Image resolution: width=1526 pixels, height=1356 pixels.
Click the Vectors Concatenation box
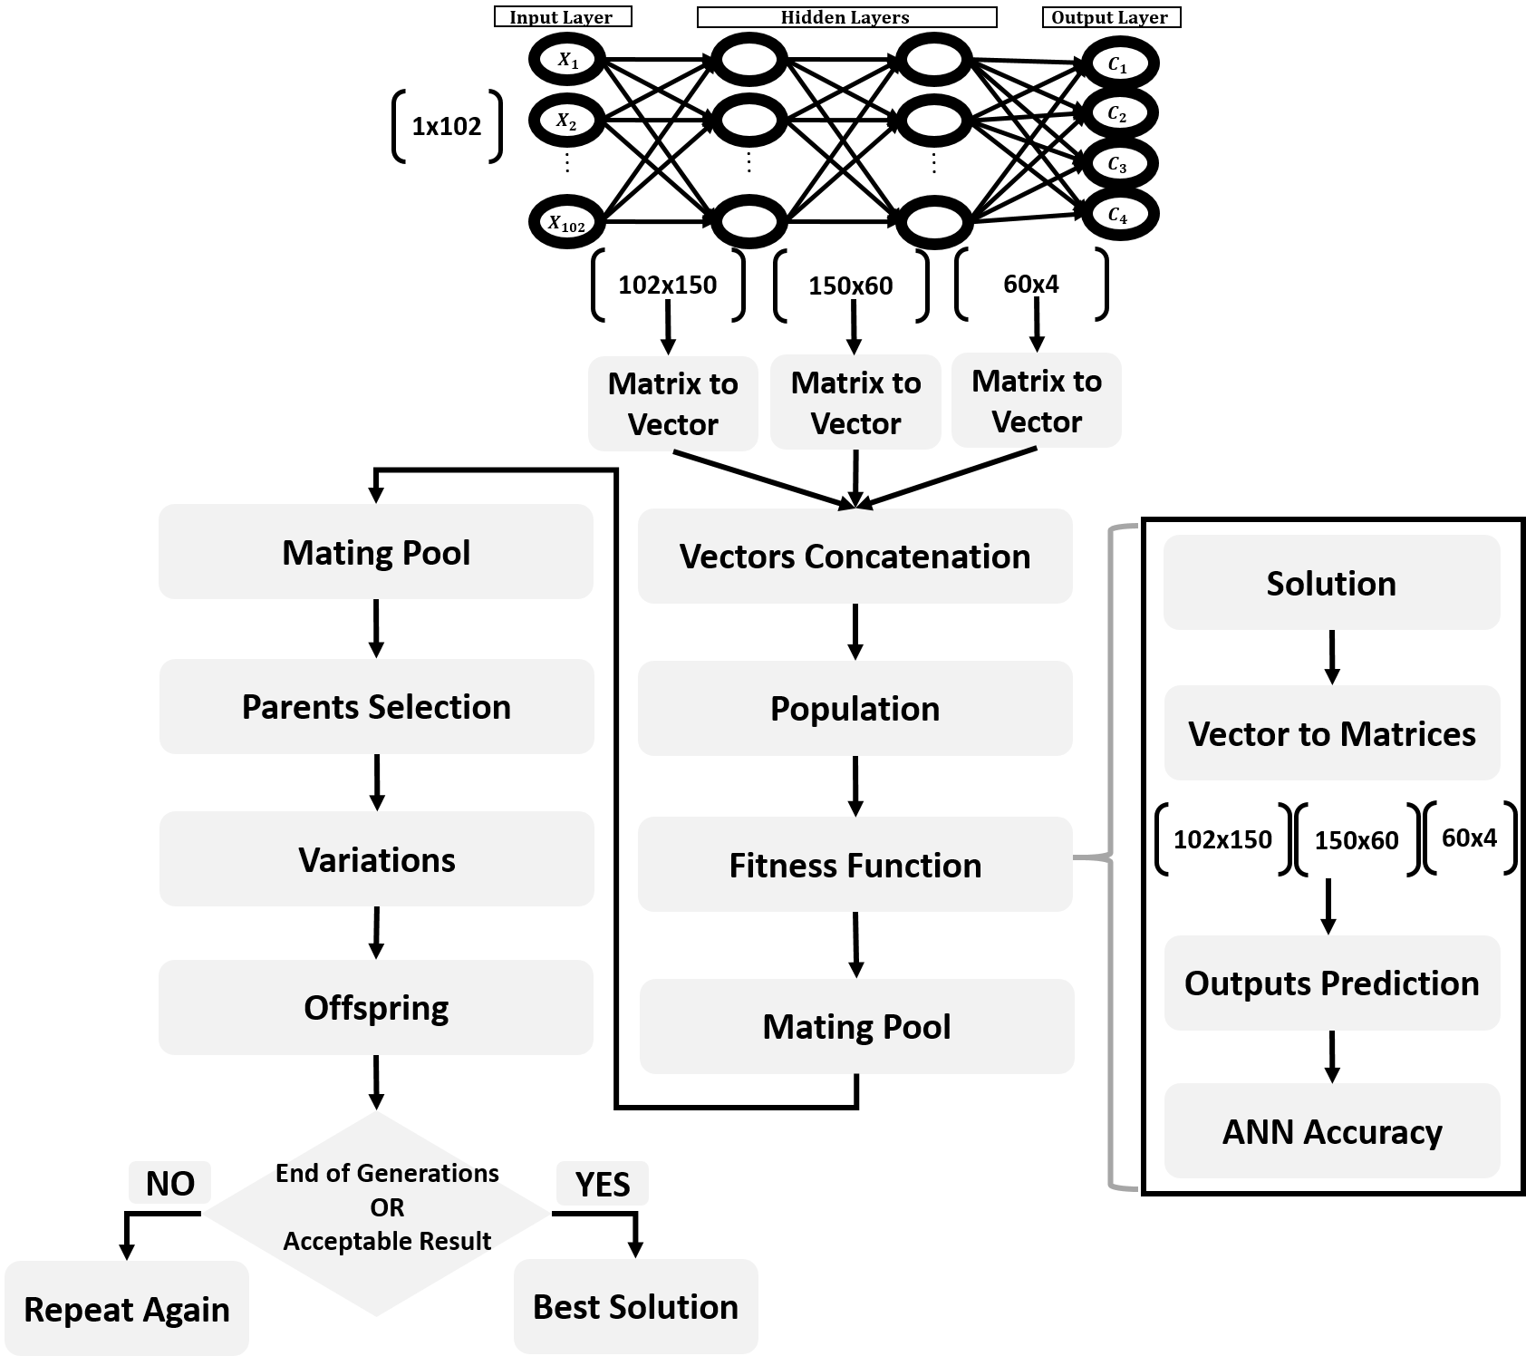click(855, 556)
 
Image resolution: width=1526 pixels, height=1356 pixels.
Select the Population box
click(855, 708)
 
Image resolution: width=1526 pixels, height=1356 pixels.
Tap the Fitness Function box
click(855, 865)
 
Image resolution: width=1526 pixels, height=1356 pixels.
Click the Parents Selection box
click(376, 706)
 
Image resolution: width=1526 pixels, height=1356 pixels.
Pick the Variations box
click(376, 858)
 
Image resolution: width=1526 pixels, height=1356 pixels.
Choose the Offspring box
click(376, 1007)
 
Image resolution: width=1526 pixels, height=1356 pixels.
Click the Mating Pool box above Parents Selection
click(376, 551)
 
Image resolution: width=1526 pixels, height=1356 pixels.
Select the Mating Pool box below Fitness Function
click(856, 1026)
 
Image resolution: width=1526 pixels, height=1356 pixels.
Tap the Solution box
click(1331, 582)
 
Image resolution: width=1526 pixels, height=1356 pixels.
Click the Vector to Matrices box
click(1331, 732)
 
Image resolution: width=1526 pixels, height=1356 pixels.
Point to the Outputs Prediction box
click(1331, 983)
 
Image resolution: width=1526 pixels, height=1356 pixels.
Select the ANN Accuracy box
click(1331, 1130)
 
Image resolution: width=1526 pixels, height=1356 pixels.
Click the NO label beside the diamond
click(169, 1183)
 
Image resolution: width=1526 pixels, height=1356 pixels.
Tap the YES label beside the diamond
click(602, 1184)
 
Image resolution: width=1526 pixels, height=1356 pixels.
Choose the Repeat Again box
click(126, 1308)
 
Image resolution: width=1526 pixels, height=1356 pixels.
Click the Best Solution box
click(635, 1306)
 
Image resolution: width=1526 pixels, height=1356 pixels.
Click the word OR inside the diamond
click(386, 1207)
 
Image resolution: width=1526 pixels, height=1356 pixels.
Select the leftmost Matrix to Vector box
click(672, 403)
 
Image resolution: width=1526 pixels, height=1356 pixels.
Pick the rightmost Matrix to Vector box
click(1036, 401)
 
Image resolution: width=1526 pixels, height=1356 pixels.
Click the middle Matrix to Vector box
click(855, 402)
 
